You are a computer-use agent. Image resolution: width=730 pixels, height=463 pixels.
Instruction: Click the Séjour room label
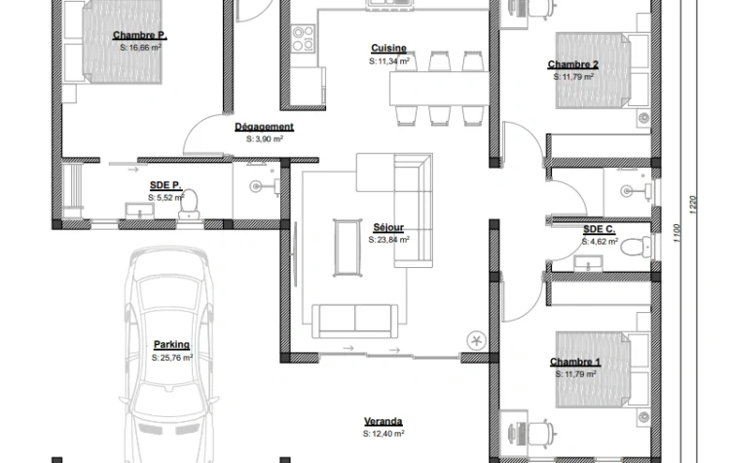click(388, 227)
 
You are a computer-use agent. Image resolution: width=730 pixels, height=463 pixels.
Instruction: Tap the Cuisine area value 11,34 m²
click(389, 61)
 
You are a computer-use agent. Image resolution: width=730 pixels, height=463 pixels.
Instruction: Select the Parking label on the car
click(171, 344)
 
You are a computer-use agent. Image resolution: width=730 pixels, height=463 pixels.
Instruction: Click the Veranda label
click(383, 421)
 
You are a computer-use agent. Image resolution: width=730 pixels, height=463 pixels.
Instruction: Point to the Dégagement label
click(264, 127)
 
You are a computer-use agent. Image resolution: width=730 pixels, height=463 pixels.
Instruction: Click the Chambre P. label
click(139, 35)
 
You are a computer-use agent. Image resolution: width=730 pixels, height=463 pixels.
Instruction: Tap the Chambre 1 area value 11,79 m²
click(575, 374)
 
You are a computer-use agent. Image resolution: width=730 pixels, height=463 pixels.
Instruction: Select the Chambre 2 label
click(572, 64)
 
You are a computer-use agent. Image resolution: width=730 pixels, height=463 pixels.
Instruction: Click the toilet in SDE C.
click(636, 247)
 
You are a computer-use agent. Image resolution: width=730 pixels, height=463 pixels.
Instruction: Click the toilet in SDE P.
click(189, 205)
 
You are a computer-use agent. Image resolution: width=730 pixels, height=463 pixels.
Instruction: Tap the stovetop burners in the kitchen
click(303, 38)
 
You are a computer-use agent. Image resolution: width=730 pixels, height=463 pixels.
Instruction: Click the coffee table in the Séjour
click(347, 248)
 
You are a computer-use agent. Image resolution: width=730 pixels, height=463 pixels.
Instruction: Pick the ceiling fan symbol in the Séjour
click(476, 340)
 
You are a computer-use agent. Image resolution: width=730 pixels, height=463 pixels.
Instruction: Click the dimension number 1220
click(692, 205)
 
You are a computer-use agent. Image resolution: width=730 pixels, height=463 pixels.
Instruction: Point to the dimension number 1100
click(676, 233)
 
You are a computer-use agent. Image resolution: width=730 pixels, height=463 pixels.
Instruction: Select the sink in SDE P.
click(139, 211)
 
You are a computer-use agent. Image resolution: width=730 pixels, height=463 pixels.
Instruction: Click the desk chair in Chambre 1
click(543, 432)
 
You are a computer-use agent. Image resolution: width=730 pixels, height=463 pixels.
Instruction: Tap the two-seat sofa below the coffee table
click(354, 321)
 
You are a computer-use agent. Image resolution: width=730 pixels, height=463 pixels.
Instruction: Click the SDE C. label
click(600, 229)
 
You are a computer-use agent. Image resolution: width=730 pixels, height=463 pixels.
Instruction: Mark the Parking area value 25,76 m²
click(171, 358)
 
